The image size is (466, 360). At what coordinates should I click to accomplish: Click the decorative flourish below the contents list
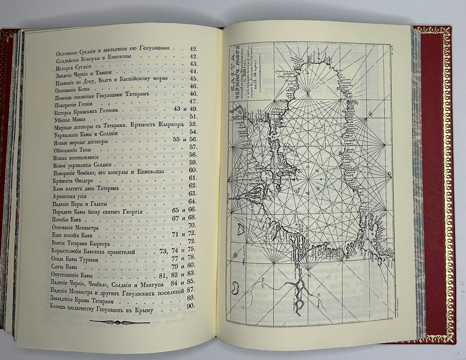coord(119,322)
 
